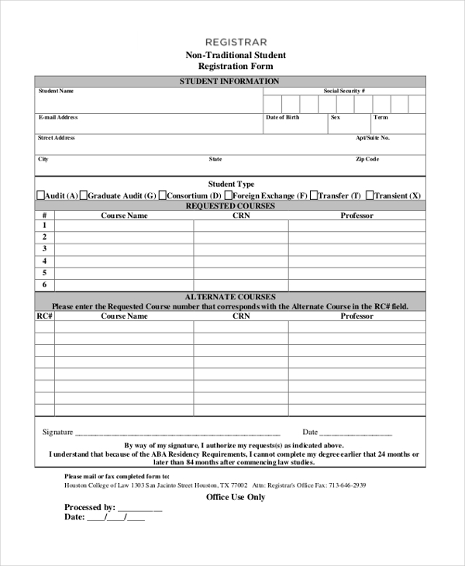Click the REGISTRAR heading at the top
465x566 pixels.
click(236, 42)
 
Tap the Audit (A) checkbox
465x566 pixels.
click(41, 195)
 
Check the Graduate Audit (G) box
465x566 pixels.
click(84, 195)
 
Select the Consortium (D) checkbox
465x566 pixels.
click(162, 195)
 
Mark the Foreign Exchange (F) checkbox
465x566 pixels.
click(229, 195)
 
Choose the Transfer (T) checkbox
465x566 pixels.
click(313, 195)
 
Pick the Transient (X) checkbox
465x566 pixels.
click(370, 195)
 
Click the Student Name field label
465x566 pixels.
click(56, 91)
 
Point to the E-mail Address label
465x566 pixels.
click(58, 118)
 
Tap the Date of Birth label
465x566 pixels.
click(282, 118)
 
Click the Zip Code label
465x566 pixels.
click(367, 160)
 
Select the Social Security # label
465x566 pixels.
click(344, 91)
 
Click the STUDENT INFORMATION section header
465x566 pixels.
click(229, 81)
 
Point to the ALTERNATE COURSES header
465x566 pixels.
click(230, 297)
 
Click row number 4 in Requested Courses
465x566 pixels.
click(45, 261)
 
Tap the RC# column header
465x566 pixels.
click(44, 316)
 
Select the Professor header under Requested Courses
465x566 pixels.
click(356, 216)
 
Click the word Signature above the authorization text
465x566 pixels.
click(57, 433)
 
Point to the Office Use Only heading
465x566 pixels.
click(235, 497)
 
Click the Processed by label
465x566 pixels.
click(89, 508)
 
